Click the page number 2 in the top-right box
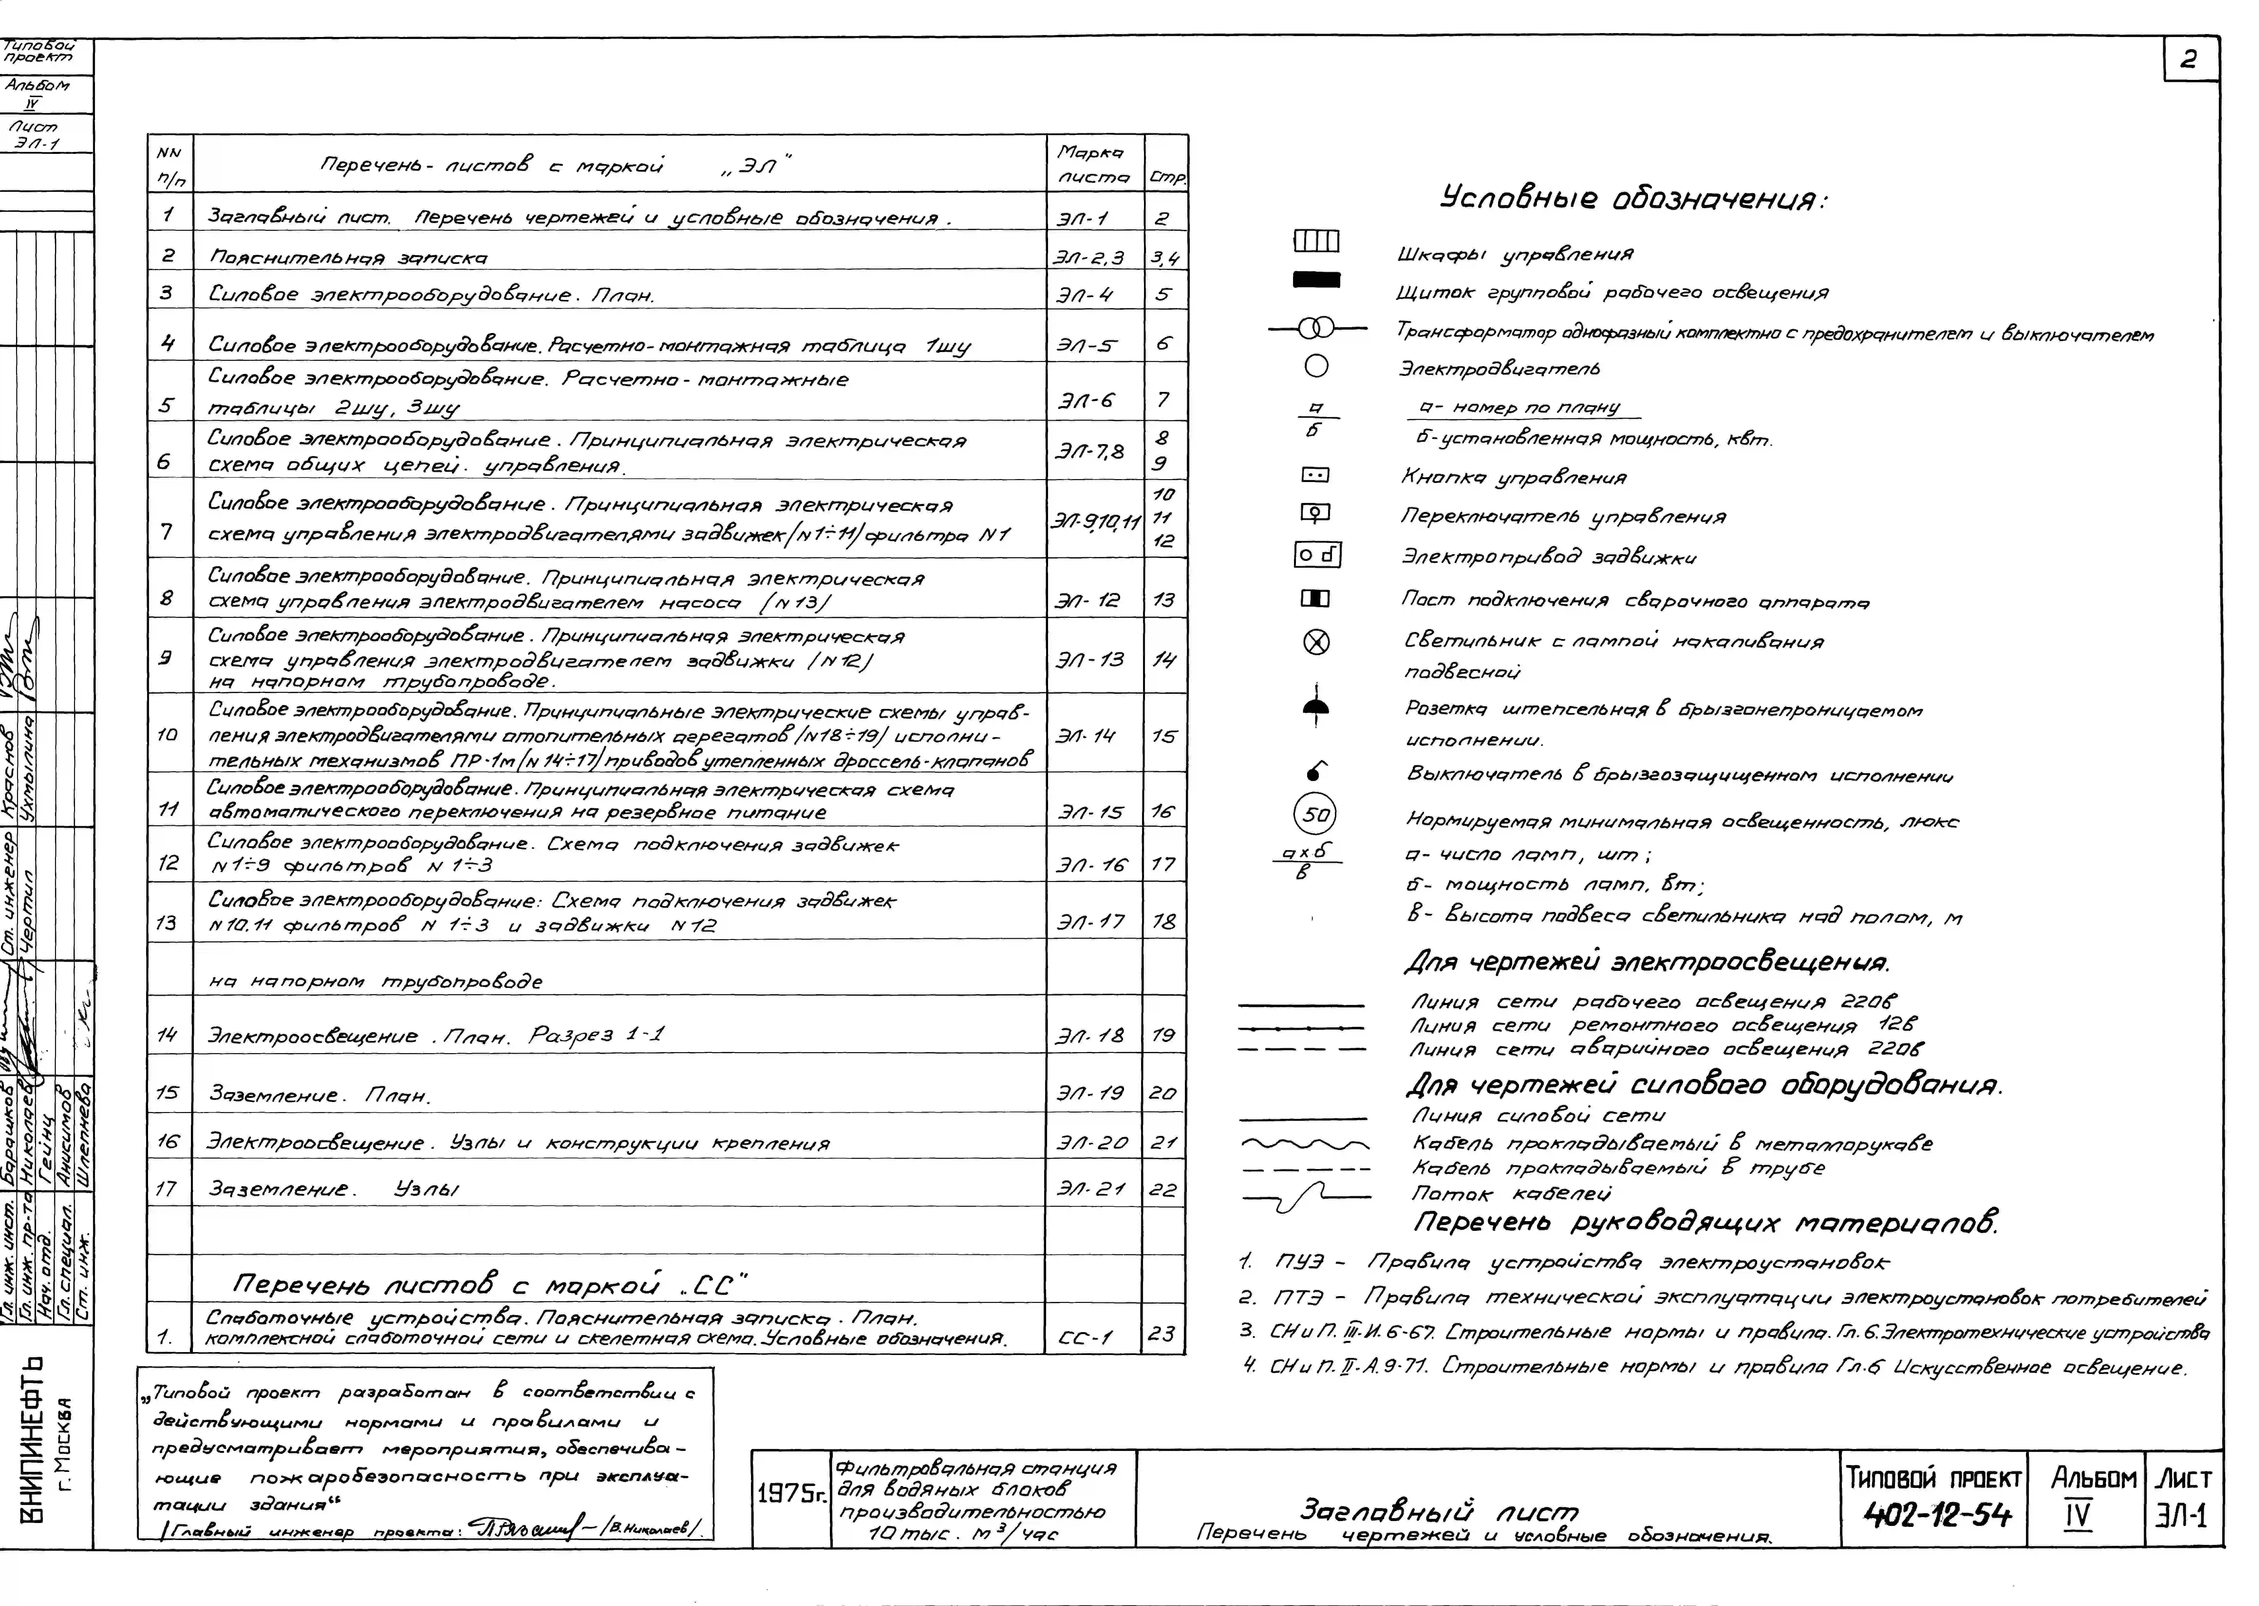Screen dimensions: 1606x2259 click(2188, 60)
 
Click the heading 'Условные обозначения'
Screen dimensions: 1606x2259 click(1632, 199)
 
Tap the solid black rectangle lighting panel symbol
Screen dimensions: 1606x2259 click(1316, 281)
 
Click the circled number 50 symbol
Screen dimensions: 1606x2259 click(1315, 815)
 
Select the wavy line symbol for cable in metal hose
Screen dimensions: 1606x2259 click(1304, 1144)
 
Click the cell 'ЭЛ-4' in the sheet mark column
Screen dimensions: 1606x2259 click(1085, 295)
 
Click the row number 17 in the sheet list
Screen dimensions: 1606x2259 click(167, 1189)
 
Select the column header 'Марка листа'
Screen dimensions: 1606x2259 click(1092, 164)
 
